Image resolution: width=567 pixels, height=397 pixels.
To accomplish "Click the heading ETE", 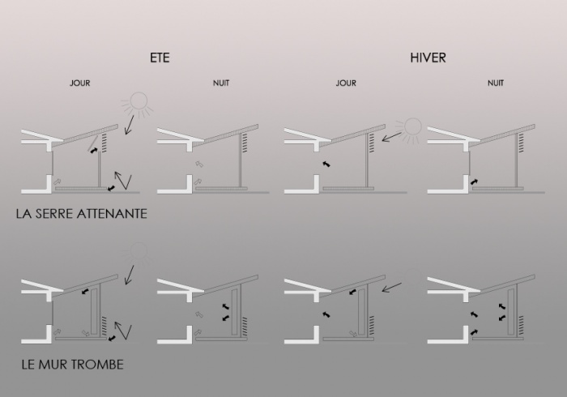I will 160,58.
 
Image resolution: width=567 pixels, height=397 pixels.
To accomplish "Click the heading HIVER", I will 428,58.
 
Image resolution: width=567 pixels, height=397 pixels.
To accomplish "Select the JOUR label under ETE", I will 80,83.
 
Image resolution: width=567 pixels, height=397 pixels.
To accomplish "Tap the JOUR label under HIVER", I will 346,83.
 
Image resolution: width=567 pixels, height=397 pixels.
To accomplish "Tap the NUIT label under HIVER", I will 496,83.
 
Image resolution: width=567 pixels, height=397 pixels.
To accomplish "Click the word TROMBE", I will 96,365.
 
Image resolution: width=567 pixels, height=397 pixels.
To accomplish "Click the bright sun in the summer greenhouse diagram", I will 137,103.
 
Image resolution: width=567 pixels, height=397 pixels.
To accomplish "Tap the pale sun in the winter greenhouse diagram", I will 413,127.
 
